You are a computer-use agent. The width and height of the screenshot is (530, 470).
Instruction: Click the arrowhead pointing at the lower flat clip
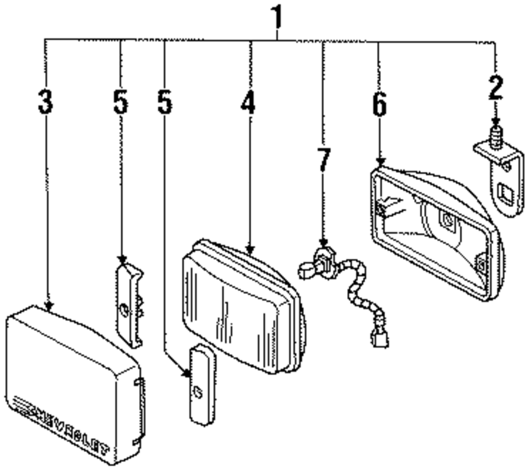pos(187,374)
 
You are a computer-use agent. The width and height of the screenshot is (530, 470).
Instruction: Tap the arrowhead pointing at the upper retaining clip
pos(121,260)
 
